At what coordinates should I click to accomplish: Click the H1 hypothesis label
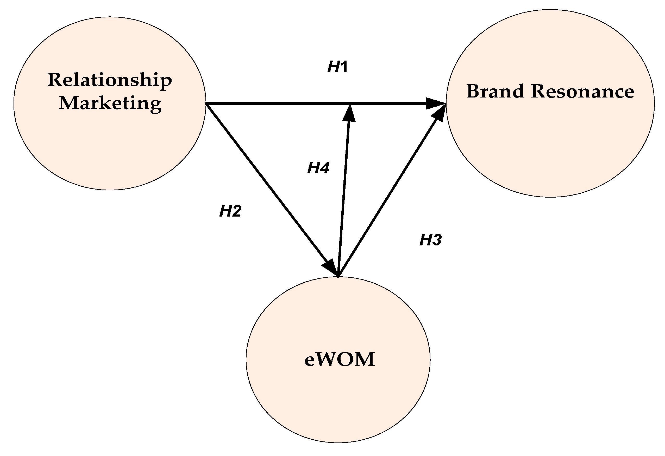click(x=338, y=67)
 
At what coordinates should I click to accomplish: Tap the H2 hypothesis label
click(x=230, y=211)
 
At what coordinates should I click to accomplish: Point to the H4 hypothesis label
click(x=318, y=167)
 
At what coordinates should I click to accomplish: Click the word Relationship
click(x=110, y=80)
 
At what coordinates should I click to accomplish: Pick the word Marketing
click(x=110, y=103)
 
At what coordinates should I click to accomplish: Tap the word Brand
click(x=495, y=92)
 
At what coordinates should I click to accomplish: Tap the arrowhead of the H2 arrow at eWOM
click(x=331, y=267)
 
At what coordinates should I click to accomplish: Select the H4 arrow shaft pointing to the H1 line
click(x=343, y=194)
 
